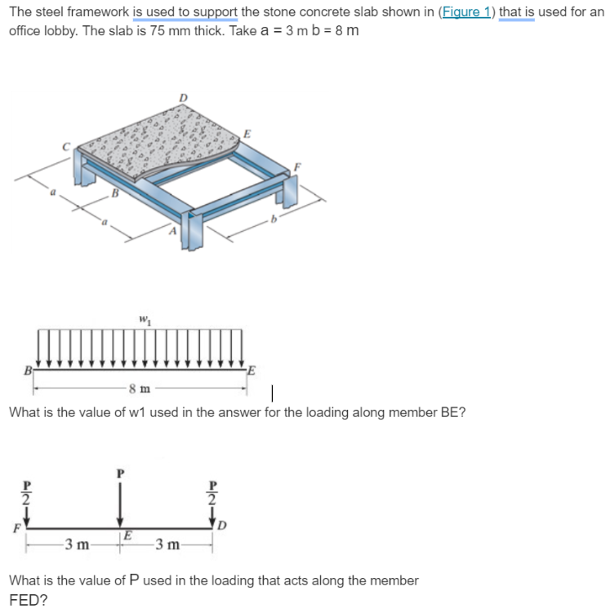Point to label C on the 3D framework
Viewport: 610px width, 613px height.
pyautogui.click(x=69, y=146)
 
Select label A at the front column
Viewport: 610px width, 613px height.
pyautogui.click(x=171, y=231)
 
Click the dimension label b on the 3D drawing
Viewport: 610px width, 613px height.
pyautogui.click(x=275, y=220)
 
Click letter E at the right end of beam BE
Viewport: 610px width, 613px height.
pyautogui.click(x=252, y=368)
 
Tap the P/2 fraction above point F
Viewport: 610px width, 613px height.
pyautogui.click(x=26, y=493)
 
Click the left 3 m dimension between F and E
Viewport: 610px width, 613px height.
pyautogui.click(x=78, y=543)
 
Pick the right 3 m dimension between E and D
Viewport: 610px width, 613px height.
pyautogui.click(x=167, y=543)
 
